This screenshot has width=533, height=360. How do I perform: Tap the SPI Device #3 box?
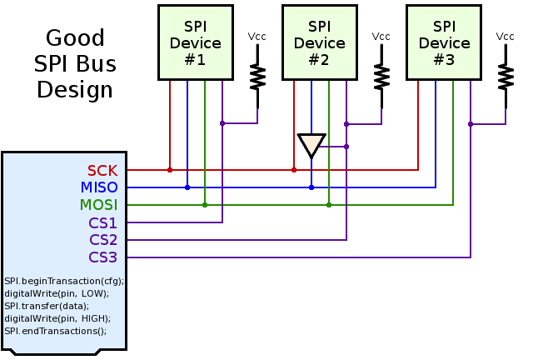pyautogui.click(x=443, y=42)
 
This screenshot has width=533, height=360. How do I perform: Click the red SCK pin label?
pyautogui.click(x=102, y=171)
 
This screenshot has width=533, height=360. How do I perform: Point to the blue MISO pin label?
pyautogui.click(x=99, y=188)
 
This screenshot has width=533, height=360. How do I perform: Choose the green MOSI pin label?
pyautogui.click(x=98, y=205)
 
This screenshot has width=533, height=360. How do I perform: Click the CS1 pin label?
pyautogui.click(x=103, y=222)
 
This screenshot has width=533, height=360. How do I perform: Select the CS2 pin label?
pyautogui.click(x=103, y=240)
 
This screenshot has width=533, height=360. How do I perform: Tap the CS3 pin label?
pyautogui.click(x=103, y=257)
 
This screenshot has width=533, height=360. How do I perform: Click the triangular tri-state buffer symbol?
pyautogui.click(x=311, y=145)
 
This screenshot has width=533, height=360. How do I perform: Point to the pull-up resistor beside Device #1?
pyautogui.click(x=257, y=77)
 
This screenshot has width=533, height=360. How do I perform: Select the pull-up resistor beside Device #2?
pyautogui.click(x=381, y=77)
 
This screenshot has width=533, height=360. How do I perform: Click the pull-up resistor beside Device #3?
pyautogui.click(x=506, y=77)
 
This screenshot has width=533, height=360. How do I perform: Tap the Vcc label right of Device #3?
pyautogui.click(x=506, y=37)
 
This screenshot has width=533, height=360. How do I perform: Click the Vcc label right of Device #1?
pyautogui.click(x=257, y=37)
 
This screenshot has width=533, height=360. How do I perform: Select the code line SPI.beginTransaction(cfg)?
pyautogui.click(x=64, y=281)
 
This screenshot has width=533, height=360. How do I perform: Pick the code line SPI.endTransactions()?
pyautogui.click(x=56, y=331)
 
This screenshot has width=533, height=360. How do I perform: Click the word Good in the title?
pyautogui.click(x=75, y=38)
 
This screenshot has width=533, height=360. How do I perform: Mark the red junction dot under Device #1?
pyautogui.click(x=170, y=170)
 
